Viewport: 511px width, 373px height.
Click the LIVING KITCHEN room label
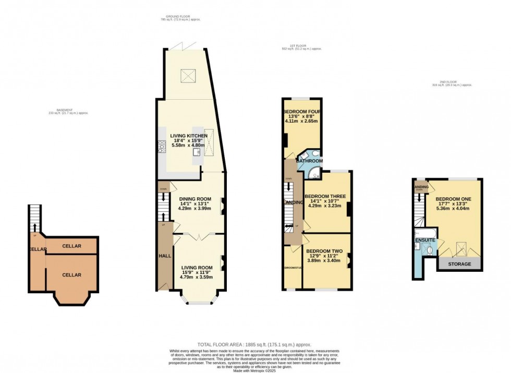click(x=189, y=136)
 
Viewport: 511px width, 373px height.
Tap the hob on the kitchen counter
click(x=161, y=148)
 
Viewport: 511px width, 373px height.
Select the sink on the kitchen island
click(x=197, y=153)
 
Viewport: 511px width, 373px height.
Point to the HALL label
click(x=164, y=256)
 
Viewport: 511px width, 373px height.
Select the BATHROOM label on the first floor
click(x=309, y=161)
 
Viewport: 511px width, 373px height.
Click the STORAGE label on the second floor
click(x=459, y=264)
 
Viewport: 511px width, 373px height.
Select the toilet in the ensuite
click(x=429, y=249)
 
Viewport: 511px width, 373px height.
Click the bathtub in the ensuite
click(x=424, y=231)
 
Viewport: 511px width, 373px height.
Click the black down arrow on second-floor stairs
click(x=418, y=198)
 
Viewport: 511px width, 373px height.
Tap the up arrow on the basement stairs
click(x=34, y=226)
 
